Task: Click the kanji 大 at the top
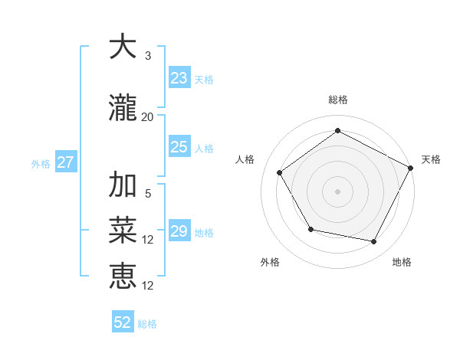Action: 123,47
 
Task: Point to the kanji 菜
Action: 123,231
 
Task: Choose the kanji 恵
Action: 123,276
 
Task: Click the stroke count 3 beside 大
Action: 147,55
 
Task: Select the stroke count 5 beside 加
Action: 147,194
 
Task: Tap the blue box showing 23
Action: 179,78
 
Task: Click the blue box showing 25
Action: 179,147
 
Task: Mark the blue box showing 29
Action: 179,231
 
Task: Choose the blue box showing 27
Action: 65,162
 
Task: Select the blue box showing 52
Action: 123,322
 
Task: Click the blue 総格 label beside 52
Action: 147,324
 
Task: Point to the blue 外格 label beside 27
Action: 41,164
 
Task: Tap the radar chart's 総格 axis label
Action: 337,100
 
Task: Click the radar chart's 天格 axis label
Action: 431,159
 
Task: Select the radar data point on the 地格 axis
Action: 374,242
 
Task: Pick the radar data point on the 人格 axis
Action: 280,172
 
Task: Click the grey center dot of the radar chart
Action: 337,191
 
